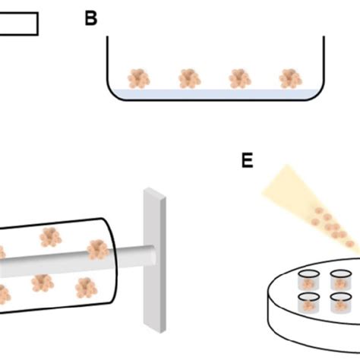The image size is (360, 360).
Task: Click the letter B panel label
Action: (x=91, y=18)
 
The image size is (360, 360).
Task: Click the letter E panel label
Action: (x=247, y=161)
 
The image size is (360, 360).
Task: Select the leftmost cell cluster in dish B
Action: (x=140, y=77)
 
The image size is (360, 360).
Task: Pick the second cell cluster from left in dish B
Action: (x=189, y=77)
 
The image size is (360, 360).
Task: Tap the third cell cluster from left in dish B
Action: (x=239, y=77)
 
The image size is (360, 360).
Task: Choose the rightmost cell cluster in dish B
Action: (x=289, y=77)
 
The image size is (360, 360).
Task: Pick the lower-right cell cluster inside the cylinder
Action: (x=83, y=287)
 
